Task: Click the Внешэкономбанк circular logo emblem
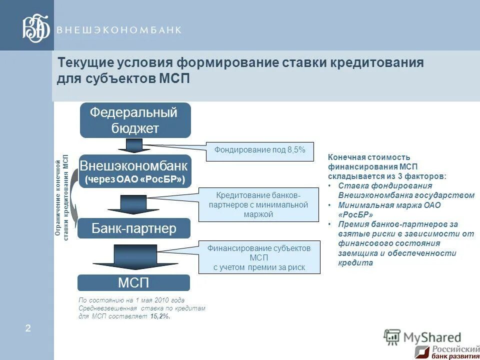click(x=36, y=29)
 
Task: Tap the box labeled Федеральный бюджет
click(x=135, y=120)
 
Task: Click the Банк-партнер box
click(x=134, y=228)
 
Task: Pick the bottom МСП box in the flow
click(x=133, y=283)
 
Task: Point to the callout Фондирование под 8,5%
click(x=259, y=150)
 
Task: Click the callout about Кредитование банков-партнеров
click(x=258, y=204)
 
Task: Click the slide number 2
click(x=28, y=328)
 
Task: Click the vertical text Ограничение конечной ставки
click(x=61, y=198)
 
